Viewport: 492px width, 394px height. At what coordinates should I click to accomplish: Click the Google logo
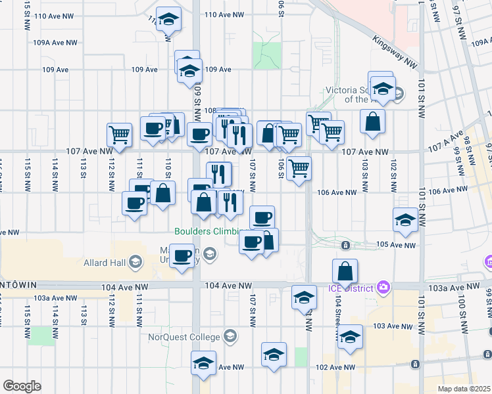pos(22,386)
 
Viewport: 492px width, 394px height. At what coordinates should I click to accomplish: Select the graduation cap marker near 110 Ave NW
pos(169,20)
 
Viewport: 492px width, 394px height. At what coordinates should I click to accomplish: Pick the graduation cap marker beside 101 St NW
pos(405,220)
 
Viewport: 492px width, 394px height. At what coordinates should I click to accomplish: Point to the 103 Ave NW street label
pos(392,326)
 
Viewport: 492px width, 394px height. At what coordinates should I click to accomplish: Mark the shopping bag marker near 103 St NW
pos(373,121)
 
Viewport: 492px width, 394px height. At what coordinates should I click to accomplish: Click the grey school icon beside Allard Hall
pos(135,263)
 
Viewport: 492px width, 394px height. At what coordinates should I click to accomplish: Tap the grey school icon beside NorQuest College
pos(230,338)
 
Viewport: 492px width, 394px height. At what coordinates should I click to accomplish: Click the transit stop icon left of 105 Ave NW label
pos(346,246)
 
